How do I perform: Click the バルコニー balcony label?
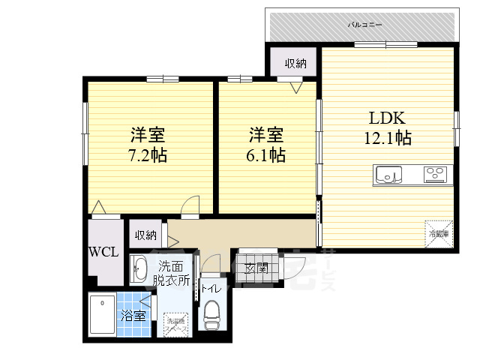tap(365, 25)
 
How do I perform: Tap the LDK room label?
tap(386, 118)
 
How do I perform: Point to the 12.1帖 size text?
tap(387, 138)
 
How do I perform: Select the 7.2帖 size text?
tap(147, 156)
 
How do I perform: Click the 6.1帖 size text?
tap(266, 155)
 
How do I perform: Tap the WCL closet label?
tap(103, 252)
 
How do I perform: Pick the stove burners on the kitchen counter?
tap(434, 175)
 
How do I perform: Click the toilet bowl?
tap(212, 310)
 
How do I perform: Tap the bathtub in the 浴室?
tap(101, 316)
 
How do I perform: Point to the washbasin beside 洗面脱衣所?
tap(139, 268)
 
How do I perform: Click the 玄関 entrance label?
tap(256, 268)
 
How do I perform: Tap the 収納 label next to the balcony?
tap(295, 64)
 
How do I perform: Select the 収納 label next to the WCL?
tap(145, 235)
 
